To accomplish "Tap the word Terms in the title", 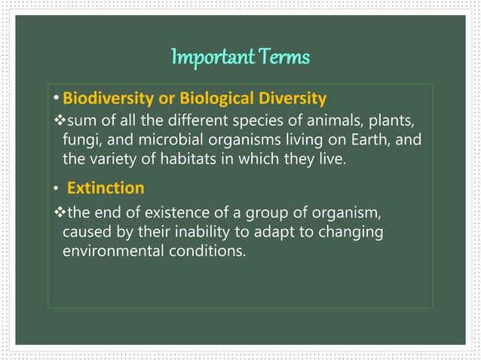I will (284, 57).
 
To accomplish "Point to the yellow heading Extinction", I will (106, 186).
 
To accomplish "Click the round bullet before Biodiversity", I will (57, 99).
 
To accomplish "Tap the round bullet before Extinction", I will (57, 188).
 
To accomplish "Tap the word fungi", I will (78, 141).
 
